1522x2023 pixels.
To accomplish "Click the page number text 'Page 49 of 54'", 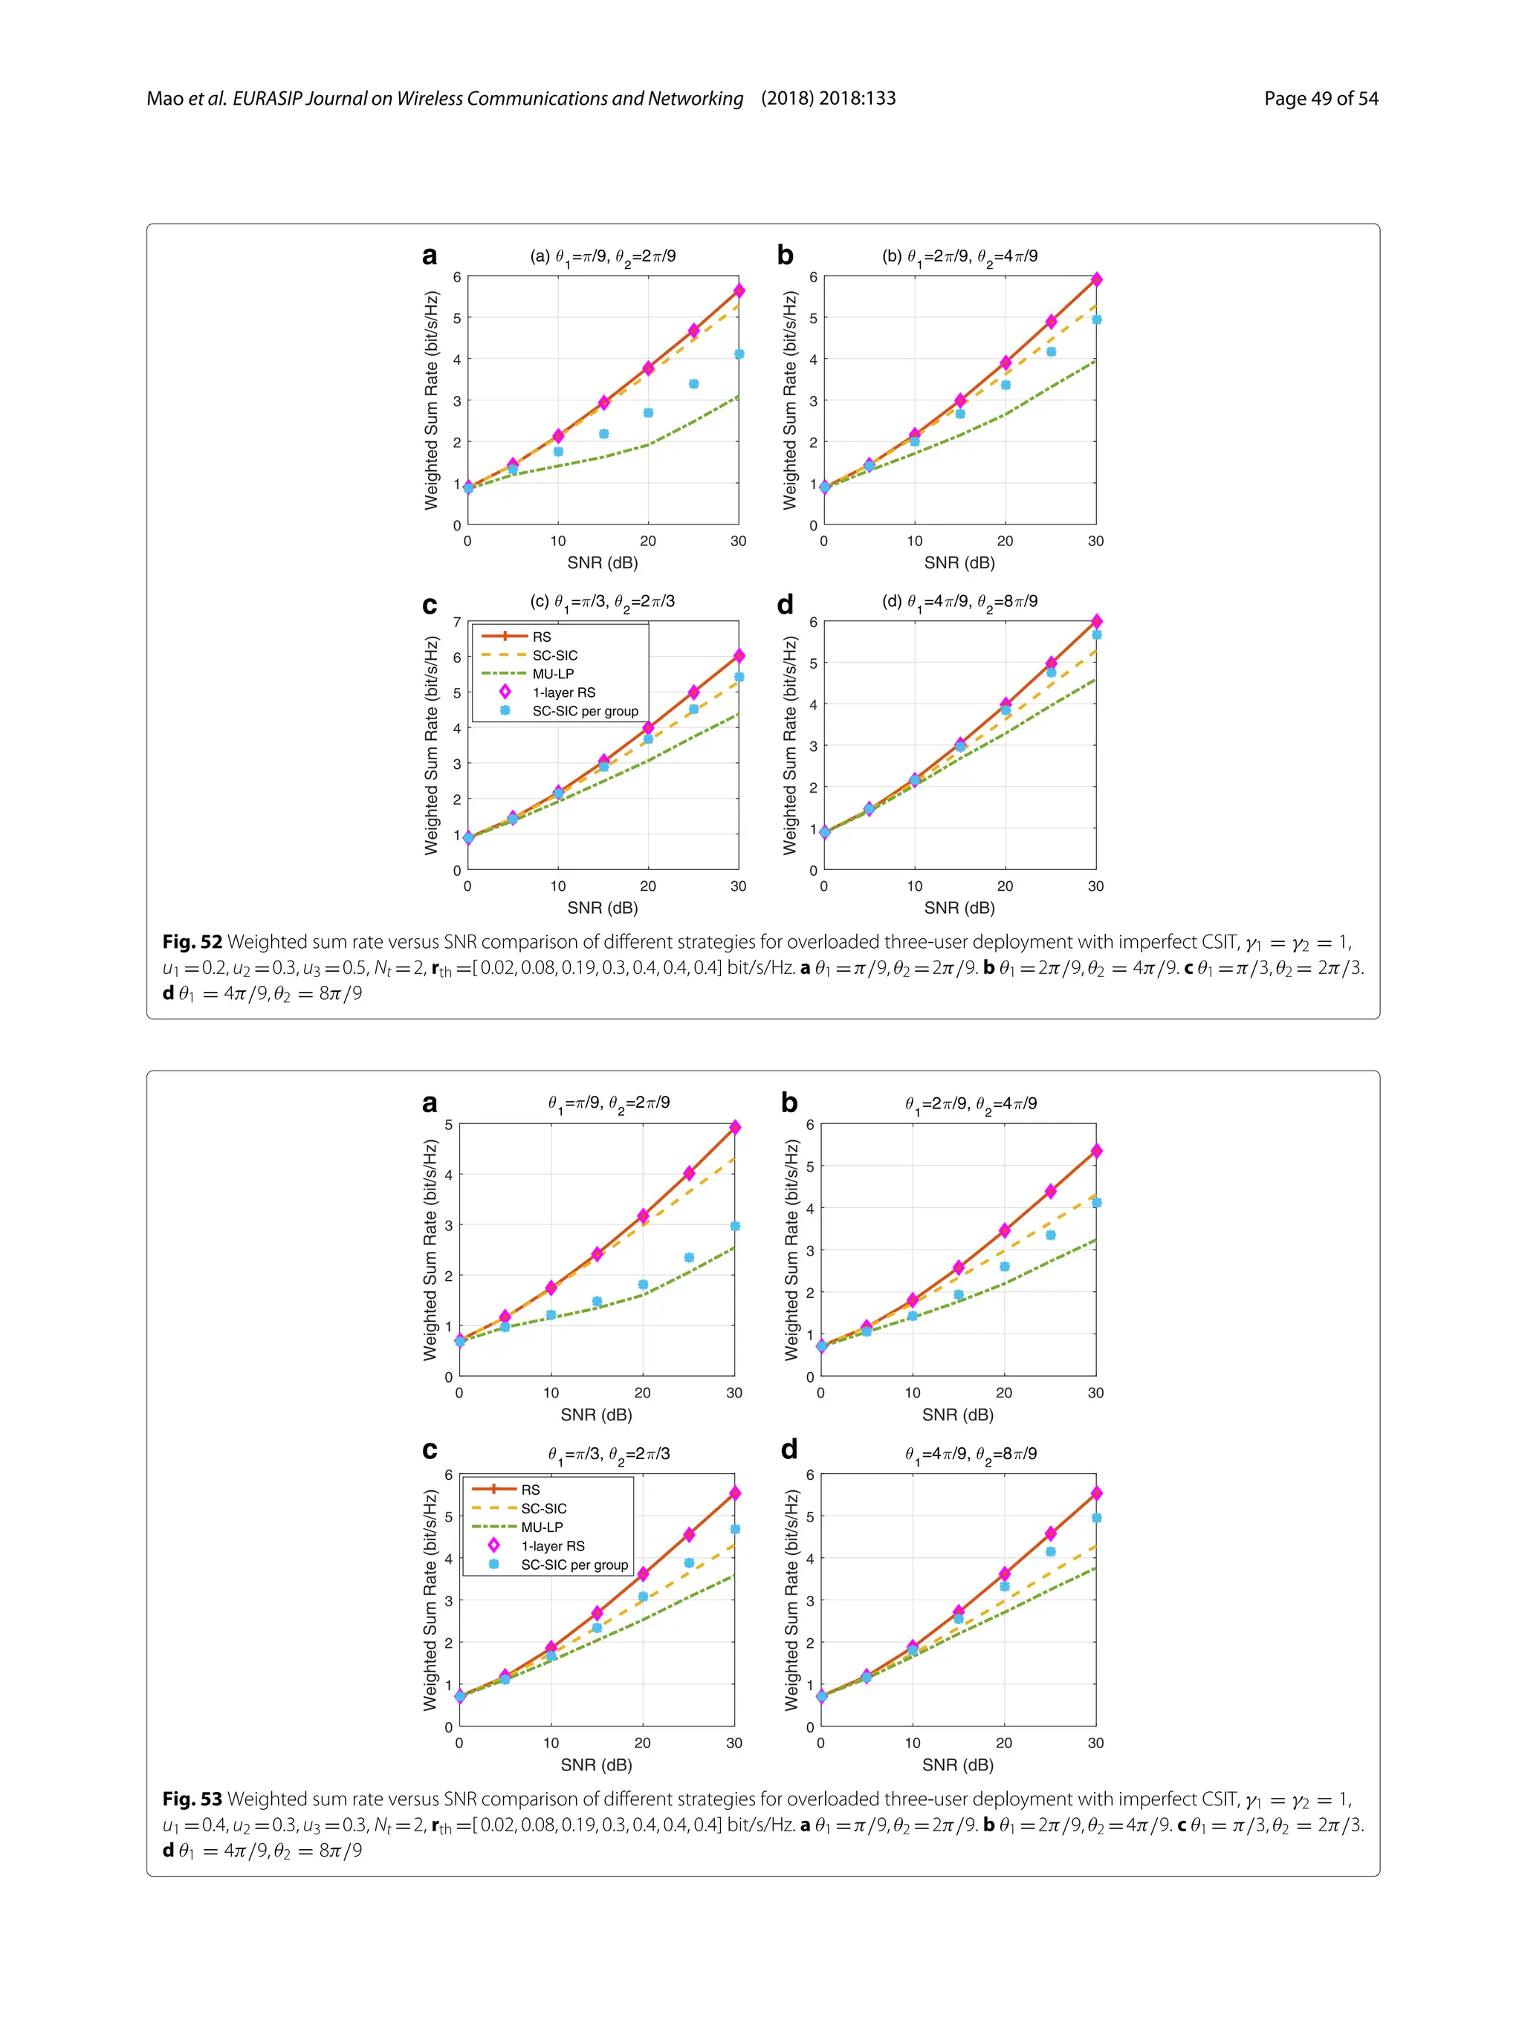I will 1320,99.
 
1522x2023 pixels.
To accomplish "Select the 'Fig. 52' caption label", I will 192,942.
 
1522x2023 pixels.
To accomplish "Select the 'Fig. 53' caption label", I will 192,1799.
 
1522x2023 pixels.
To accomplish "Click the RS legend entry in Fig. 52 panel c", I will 542,637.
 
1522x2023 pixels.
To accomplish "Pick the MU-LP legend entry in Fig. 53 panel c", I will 542,1527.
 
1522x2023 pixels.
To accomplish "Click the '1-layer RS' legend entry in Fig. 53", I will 552,1545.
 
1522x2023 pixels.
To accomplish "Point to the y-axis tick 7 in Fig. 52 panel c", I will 457,622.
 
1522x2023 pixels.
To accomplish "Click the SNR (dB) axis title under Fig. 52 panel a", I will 602,562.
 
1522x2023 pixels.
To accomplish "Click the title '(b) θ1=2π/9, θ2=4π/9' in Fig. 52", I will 959,257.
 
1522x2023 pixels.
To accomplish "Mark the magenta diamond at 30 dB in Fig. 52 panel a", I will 739,290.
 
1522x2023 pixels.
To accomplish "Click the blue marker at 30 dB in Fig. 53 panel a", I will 734,1227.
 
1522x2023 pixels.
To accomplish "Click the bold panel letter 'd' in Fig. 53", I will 788,1449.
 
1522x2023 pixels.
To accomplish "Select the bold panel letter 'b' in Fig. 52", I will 785,255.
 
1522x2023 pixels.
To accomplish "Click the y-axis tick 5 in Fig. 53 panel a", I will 448,1125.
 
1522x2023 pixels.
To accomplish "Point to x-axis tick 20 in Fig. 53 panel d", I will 1003,1743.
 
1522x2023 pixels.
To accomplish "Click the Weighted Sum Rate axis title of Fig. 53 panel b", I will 791,1250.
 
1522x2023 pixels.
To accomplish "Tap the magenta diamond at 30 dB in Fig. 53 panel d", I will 1095,1493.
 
